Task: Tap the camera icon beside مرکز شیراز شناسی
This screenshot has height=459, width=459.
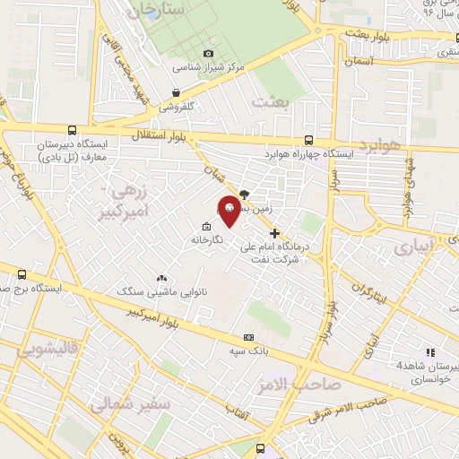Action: (209, 53)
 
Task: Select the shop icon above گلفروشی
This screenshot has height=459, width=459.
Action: (178, 92)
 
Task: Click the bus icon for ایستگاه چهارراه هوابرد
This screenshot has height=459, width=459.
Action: (308, 141)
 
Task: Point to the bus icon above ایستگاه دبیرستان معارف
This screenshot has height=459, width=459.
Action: (72, 130)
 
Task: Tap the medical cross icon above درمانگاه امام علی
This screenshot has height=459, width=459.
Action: (274, 234)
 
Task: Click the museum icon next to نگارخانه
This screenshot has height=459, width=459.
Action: (207, 227)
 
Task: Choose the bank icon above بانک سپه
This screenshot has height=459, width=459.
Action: (248, 337)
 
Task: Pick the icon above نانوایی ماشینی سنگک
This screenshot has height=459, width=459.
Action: (161, 279)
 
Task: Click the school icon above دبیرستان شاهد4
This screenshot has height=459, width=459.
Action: (430, 352)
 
